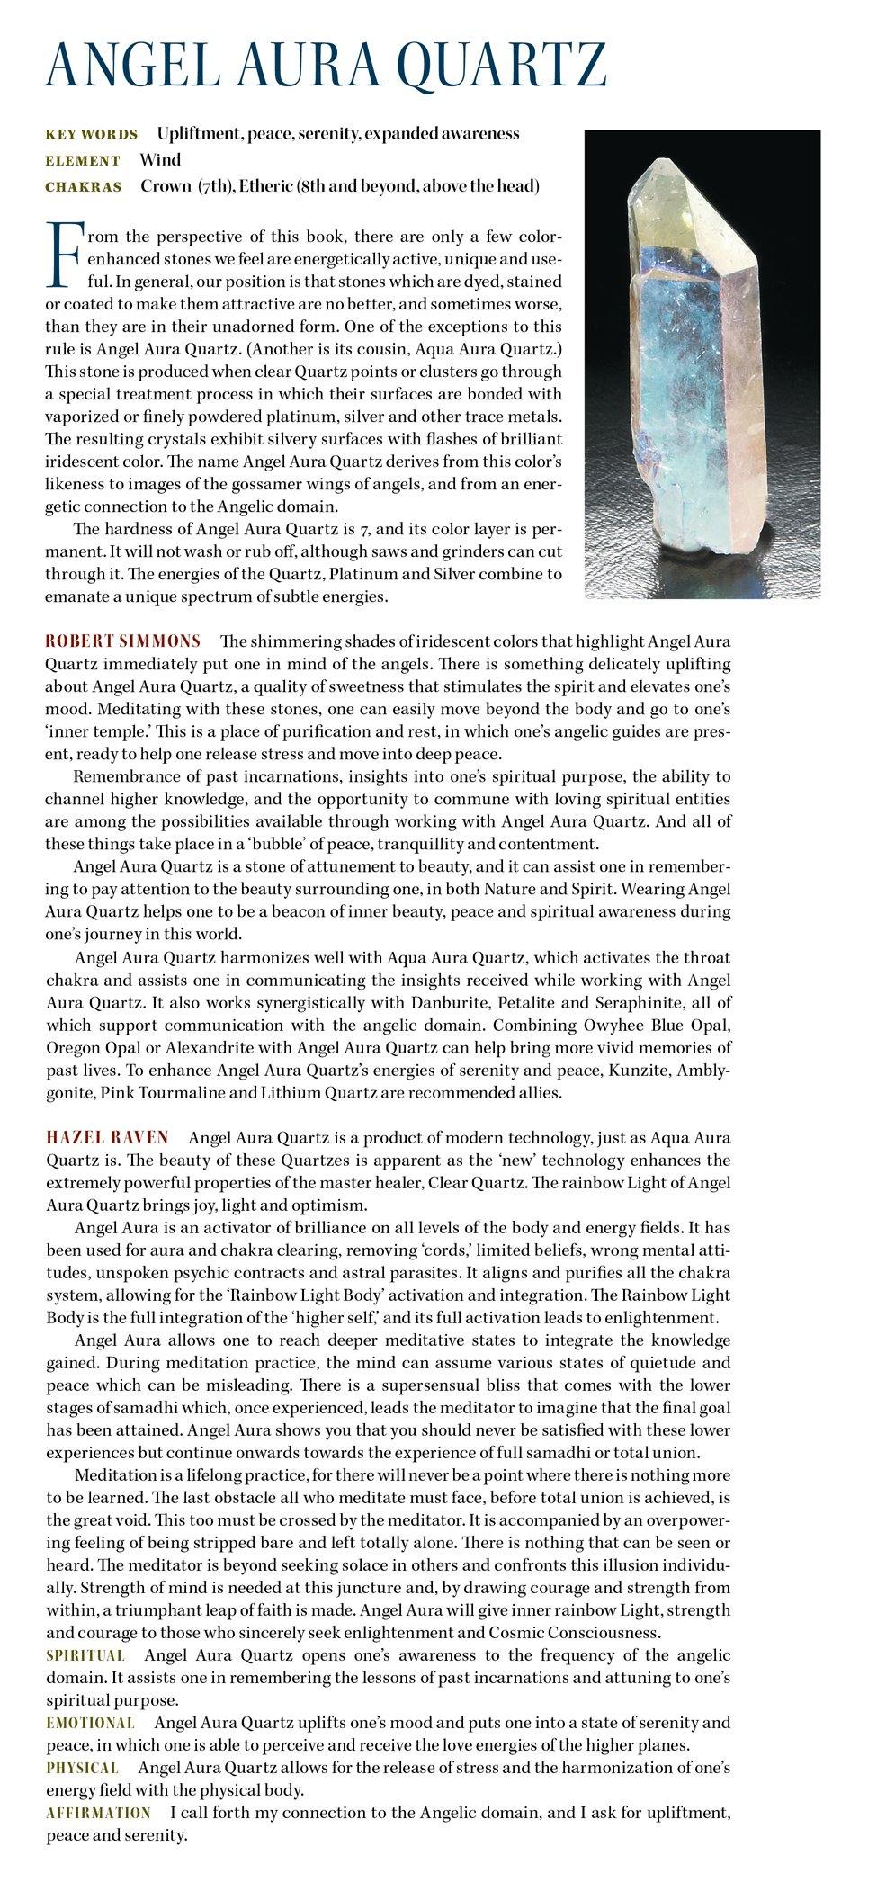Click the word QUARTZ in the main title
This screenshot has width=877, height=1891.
click(503, 64)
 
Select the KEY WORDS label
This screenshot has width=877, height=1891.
click(92, 135)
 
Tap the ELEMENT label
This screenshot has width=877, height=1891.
click(83, 161)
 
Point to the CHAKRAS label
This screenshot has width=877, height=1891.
click(84, 187)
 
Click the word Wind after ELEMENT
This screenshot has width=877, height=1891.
click(160, 160)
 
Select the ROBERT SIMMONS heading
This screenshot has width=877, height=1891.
click(123, 641)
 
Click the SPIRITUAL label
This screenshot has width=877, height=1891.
click(85, 1655)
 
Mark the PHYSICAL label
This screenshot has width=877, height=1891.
click(83, 1768)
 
